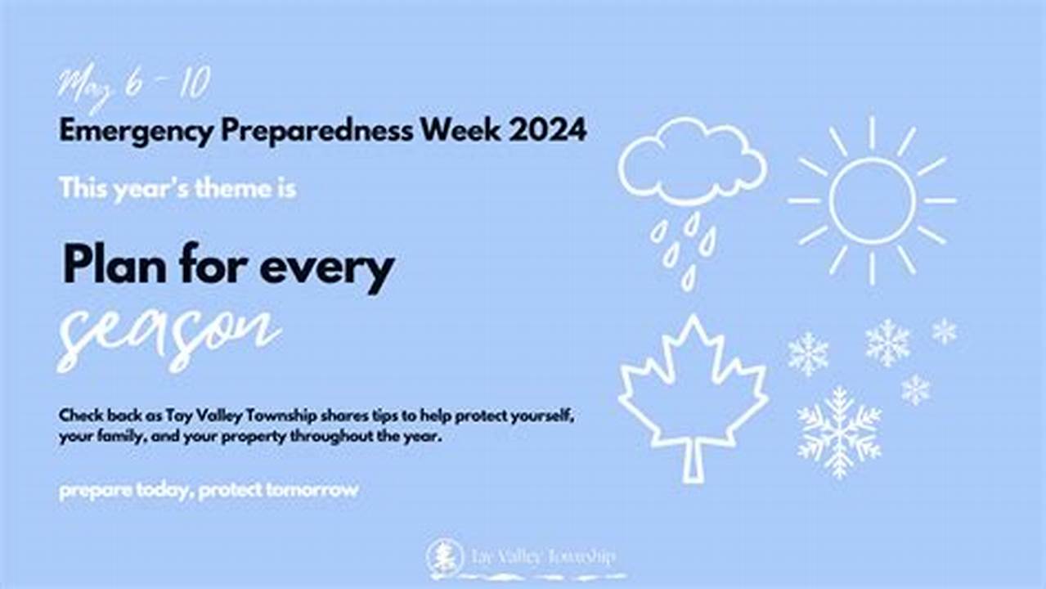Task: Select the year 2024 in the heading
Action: [x=547, y=131]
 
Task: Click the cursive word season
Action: [x=168, y=335]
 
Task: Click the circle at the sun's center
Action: [x=872, y=200]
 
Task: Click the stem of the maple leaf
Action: [x=693, y=463]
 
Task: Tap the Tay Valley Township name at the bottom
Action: [x=542, y=557]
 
